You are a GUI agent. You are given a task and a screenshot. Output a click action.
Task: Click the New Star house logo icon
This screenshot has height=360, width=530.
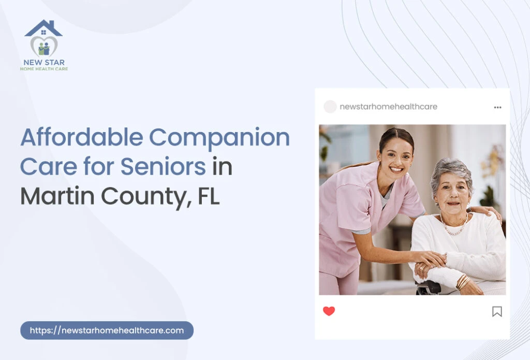click(x=43, y=39)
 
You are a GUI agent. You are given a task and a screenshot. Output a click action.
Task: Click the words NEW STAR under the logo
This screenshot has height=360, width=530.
click(x=44, y=63)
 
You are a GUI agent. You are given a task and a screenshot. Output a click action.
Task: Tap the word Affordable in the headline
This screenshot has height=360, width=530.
click(x=81, y=137)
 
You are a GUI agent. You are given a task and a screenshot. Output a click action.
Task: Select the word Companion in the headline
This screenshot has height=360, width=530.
click(x=219, y=137)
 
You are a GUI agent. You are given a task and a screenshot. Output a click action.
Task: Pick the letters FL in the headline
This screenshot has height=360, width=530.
click(x=209, y=196)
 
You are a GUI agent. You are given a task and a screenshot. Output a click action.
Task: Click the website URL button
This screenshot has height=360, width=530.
click(x=107, y=330)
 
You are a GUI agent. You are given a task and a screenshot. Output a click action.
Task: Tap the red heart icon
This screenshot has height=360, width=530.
click(x=329, y=311)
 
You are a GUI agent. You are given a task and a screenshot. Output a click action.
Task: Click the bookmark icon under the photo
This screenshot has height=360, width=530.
click(x=497, y=311)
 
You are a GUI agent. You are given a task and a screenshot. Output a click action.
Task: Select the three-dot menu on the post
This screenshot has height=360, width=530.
click(x=497, y=107)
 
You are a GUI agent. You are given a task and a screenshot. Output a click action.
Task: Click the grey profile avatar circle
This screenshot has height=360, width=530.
click(x=330, y=107)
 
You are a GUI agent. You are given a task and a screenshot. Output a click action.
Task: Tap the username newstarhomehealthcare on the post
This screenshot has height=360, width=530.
click(x=388, y=107)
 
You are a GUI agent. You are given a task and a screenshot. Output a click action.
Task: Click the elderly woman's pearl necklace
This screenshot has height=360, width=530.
click(x=454, y=228)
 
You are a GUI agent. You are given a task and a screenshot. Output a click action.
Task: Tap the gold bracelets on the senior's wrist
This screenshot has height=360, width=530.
click(x=462, y=282)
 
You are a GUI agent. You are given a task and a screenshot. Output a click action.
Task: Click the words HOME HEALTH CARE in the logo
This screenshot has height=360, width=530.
click(x=44, y=69)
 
